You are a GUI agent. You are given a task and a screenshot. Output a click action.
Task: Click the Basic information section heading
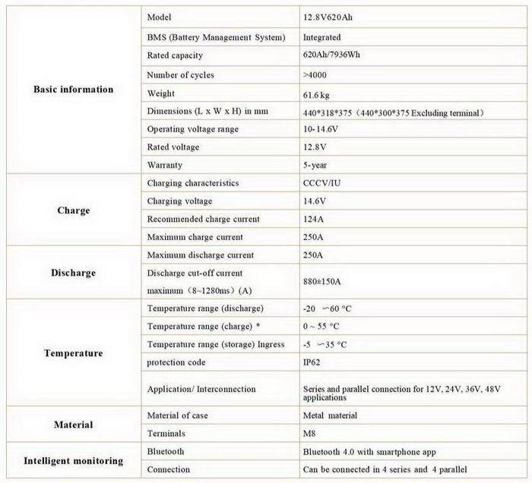(73, 90)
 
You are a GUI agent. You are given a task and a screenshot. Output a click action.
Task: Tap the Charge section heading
(73, 210)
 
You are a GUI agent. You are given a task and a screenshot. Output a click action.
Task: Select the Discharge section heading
(73, 273)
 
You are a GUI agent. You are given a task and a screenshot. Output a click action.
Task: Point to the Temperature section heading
(73, 353)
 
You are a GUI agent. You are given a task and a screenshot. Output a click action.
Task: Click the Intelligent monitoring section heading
(73, 461)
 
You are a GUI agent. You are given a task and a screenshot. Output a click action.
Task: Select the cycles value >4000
(316, 75)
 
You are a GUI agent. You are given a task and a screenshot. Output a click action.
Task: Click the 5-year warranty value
(316, 165)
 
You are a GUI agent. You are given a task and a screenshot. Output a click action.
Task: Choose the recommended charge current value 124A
(313, 219)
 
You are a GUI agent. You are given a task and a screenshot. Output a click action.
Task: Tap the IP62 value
(312, 362)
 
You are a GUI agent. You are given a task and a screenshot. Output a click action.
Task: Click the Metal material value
(330, 415)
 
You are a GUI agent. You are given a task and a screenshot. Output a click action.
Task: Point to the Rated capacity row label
(175, 55)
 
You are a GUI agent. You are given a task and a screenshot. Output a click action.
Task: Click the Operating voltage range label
(192, 129)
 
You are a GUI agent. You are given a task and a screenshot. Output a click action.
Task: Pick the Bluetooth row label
(166, 452)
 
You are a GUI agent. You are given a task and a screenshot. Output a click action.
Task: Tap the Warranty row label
(164, 165)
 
